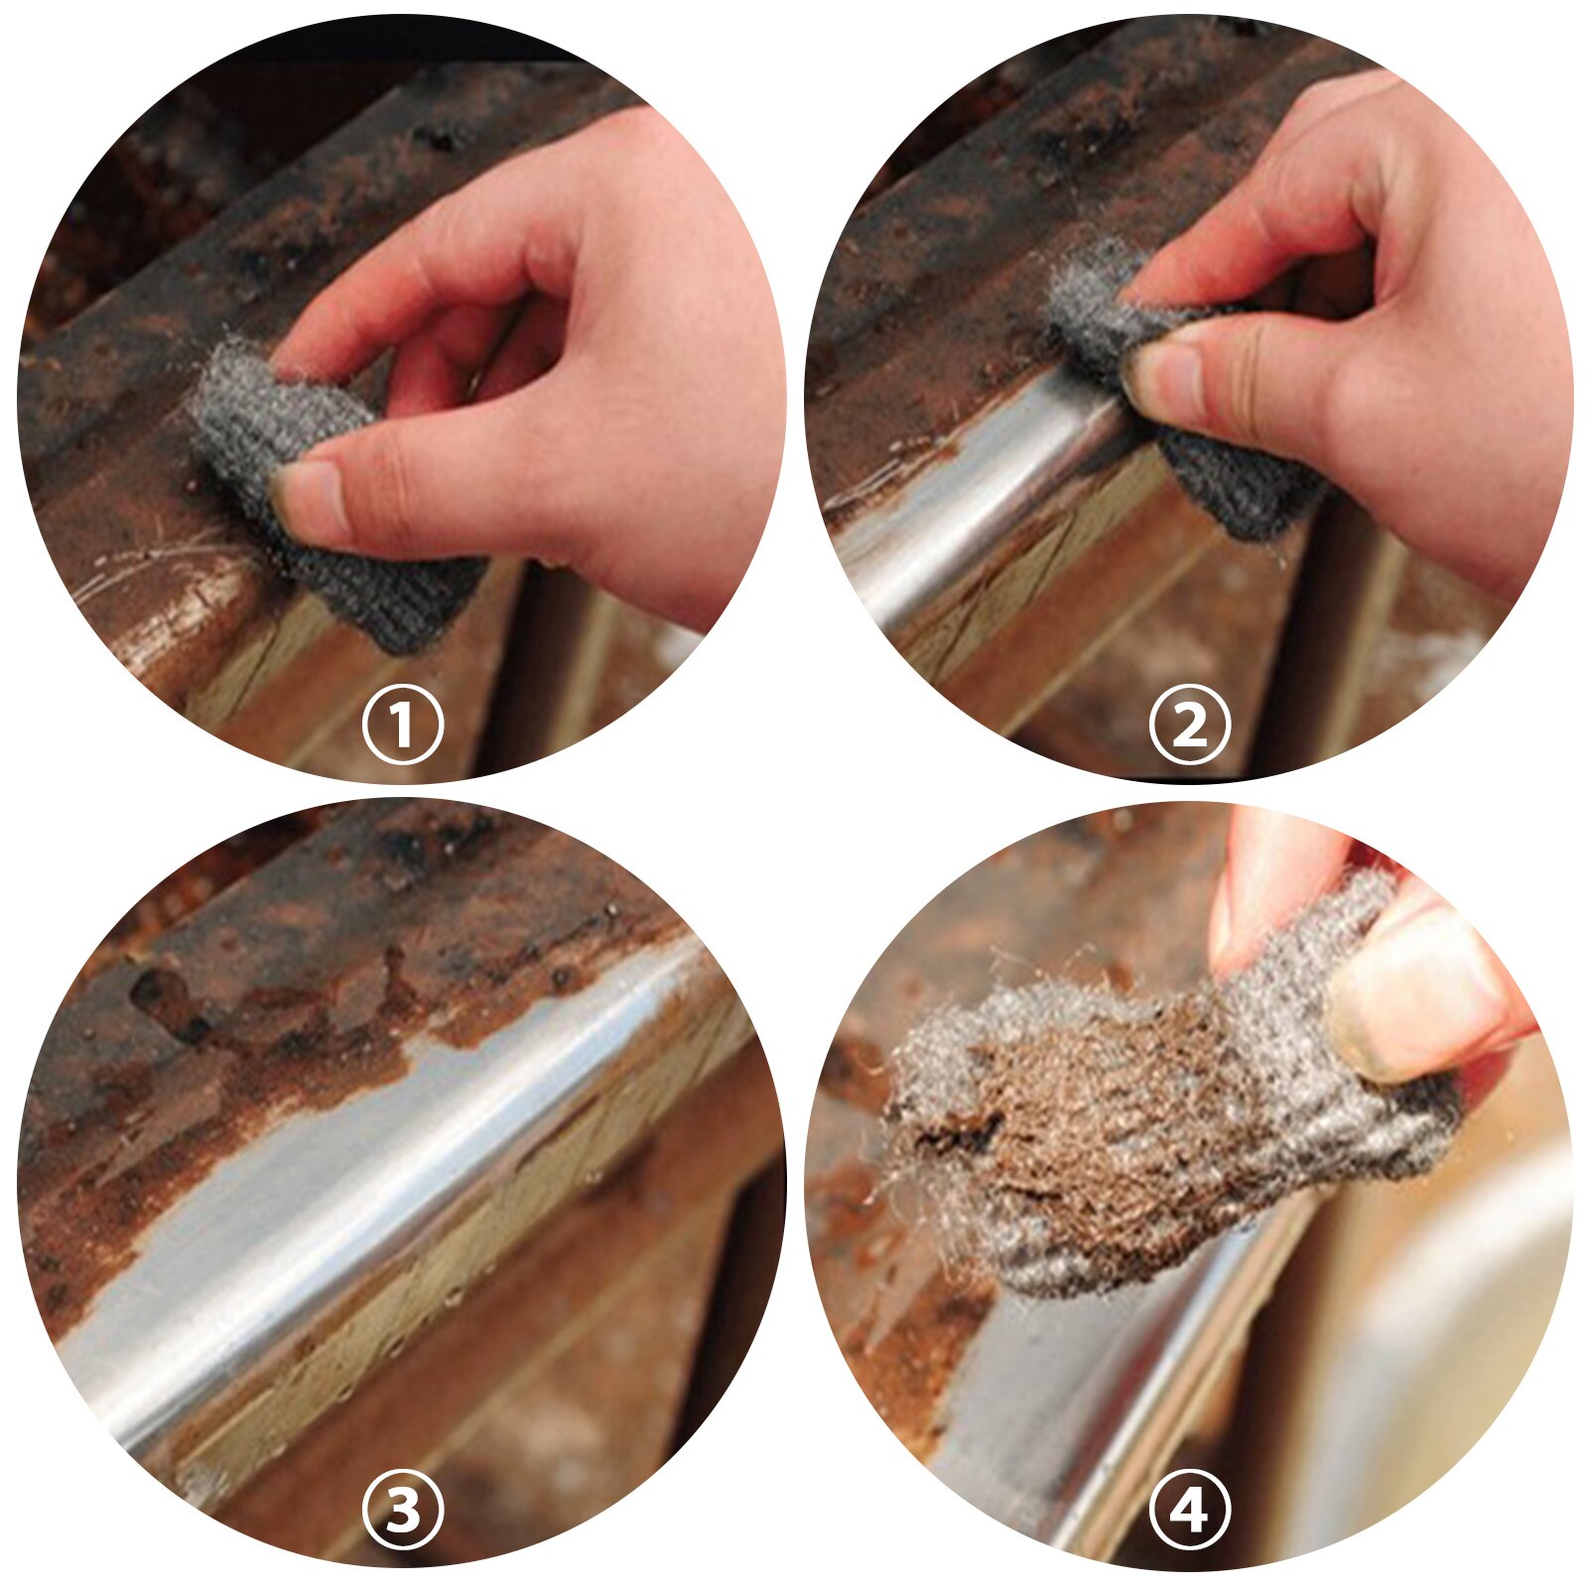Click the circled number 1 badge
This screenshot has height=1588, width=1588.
click(x=402, y=725)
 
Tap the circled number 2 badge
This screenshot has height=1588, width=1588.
click(x=1189, y=725)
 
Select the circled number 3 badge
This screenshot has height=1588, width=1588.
click(x=402, y=1512)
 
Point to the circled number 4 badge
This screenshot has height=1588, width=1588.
click(x=1189, y=1512)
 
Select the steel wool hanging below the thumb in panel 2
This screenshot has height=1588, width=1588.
click(x=1241, y=486)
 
